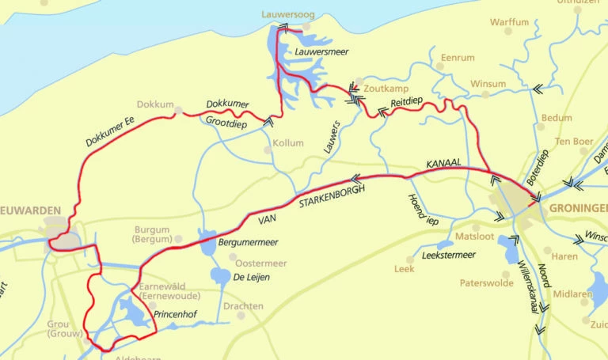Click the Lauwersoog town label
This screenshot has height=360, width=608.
pos(287,14)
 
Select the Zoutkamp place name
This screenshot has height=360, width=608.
pos(383,89)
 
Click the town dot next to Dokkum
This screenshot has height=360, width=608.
pos(179,111)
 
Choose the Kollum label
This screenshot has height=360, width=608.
pos(288,143)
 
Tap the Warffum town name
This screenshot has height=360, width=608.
pos(509,22)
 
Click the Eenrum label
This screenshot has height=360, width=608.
pos(458,58)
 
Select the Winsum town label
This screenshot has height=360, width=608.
pos(488,83)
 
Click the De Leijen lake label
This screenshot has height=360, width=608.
pos(249,277)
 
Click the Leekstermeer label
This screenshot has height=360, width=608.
pos(449,255)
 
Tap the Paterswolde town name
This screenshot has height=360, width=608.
pos(487,282)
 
